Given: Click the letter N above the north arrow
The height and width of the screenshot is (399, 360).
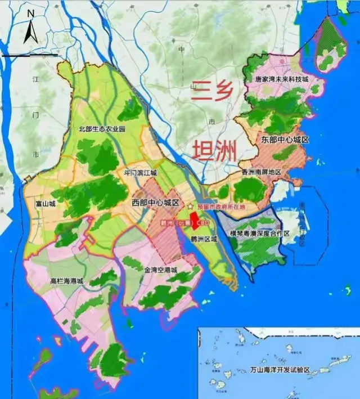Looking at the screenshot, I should pyautogui.click(x=31, y=12).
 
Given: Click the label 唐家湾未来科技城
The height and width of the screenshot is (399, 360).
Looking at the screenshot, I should pyautogui.click(x=281, y=80).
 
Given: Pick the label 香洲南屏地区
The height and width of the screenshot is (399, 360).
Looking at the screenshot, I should pyautogui.click(x=261, y=172).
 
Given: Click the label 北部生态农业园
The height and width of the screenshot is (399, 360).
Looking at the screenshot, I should pyautogui.click(x=101, y=129).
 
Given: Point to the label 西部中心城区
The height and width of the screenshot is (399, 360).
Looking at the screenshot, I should pyautogui.click(x=155, y=202).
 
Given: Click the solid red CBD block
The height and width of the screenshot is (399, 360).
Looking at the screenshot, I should pyautogui.click(x=193, y=221).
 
